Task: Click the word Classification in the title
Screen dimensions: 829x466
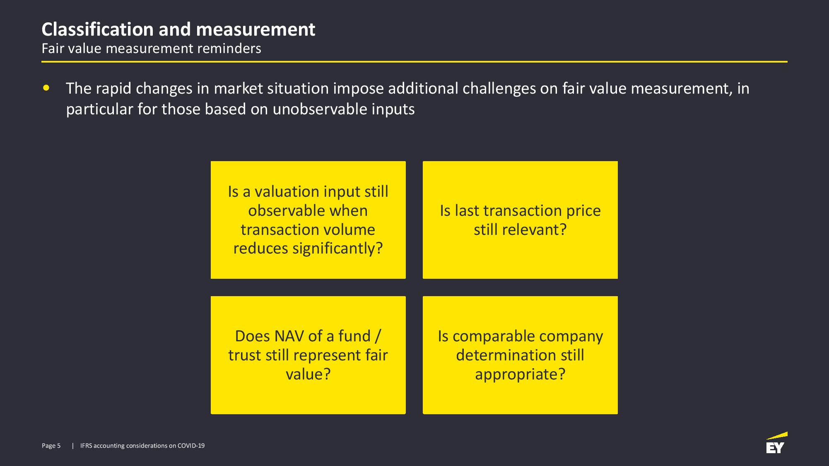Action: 98,29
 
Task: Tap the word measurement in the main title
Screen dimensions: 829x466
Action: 255,29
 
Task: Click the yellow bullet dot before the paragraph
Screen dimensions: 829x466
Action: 46,88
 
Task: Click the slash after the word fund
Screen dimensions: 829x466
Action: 377,336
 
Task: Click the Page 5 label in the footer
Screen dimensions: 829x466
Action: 51,446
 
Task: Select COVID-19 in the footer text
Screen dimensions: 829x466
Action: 191,446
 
